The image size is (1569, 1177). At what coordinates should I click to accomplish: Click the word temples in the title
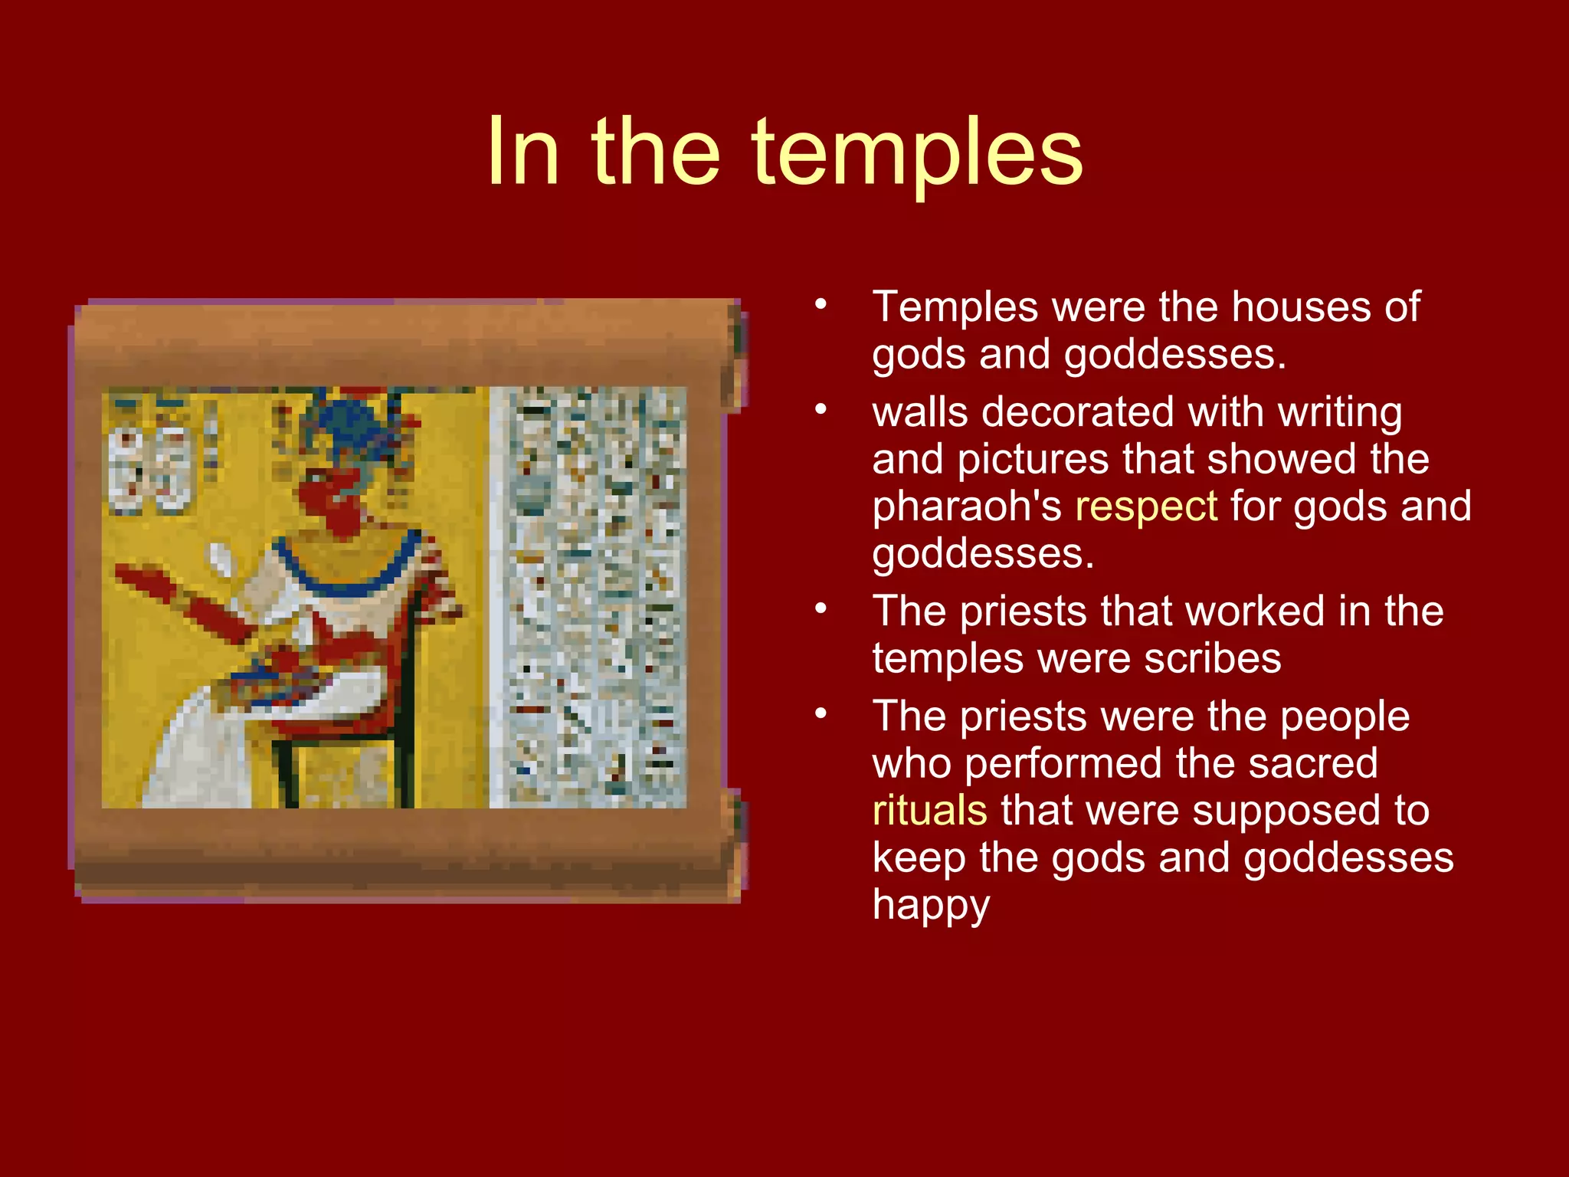pos(916,153)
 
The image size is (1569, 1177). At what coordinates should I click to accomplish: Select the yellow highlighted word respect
pos(1145,507)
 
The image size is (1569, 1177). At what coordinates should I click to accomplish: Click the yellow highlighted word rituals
pos(929,811)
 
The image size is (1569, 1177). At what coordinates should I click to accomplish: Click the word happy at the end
pos(931,906)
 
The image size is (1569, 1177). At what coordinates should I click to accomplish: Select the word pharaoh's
pos(967,507)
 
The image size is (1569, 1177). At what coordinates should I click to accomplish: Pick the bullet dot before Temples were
pos(821,304)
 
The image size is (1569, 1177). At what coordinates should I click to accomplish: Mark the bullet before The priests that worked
pos(821,608)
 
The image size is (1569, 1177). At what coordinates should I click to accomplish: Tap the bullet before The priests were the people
pos(821,713)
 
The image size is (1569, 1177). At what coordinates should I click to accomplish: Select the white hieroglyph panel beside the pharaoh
pos(588,598)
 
